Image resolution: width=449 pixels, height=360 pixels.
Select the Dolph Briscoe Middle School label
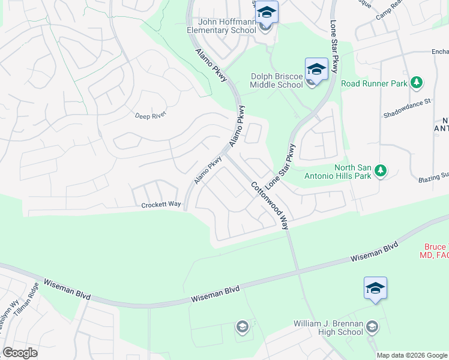tap(276, 80)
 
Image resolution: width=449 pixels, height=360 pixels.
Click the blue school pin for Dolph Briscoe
tap(316, 69)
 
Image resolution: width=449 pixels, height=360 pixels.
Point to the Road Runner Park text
tap(375, 83)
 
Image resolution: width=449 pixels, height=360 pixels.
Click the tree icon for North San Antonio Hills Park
tap(379, 172)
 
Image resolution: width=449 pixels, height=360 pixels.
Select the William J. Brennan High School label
tap(328, 328)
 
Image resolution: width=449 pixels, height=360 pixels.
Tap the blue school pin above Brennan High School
tap(375, 288)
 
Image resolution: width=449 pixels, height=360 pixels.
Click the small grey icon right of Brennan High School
tap(372, 327)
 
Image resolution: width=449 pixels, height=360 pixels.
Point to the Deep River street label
tap(150, 115)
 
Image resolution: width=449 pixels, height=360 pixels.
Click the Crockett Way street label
tap(161, 205)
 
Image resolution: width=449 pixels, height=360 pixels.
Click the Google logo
tap(20, 353)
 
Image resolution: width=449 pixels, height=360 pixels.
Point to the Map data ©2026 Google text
tap(412, 355)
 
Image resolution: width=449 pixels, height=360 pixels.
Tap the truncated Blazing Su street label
tap(433, 176)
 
